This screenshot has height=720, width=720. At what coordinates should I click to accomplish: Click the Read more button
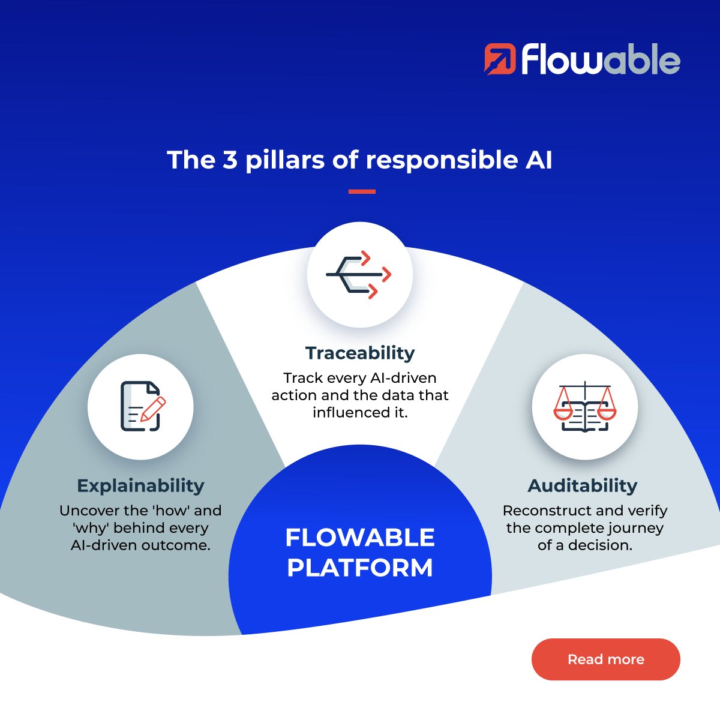click(x=605, y=659)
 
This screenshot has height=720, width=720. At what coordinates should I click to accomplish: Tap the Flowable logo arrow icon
click(x=500, y=59)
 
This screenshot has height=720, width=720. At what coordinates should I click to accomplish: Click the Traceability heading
click(x=360, y=353)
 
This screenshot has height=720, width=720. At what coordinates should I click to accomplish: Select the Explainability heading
click(x=140, y=485)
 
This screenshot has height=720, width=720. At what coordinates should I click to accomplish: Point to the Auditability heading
click(x=583, y=485)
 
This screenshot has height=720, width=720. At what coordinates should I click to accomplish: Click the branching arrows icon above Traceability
click(x=359, y=275)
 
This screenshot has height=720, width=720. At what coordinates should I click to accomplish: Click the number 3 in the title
click(x=230, y=160)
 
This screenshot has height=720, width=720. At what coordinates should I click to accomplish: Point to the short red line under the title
click(x=362, y=192)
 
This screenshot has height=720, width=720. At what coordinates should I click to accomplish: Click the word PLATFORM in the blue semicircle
click(x=360, y=568)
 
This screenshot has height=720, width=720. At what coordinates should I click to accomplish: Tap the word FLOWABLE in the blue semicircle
click(x=360, y=538)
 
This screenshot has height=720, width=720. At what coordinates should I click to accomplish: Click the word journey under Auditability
click(x=635, y=528)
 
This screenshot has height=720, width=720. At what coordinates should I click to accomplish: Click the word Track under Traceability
click(x=303, y=378)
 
